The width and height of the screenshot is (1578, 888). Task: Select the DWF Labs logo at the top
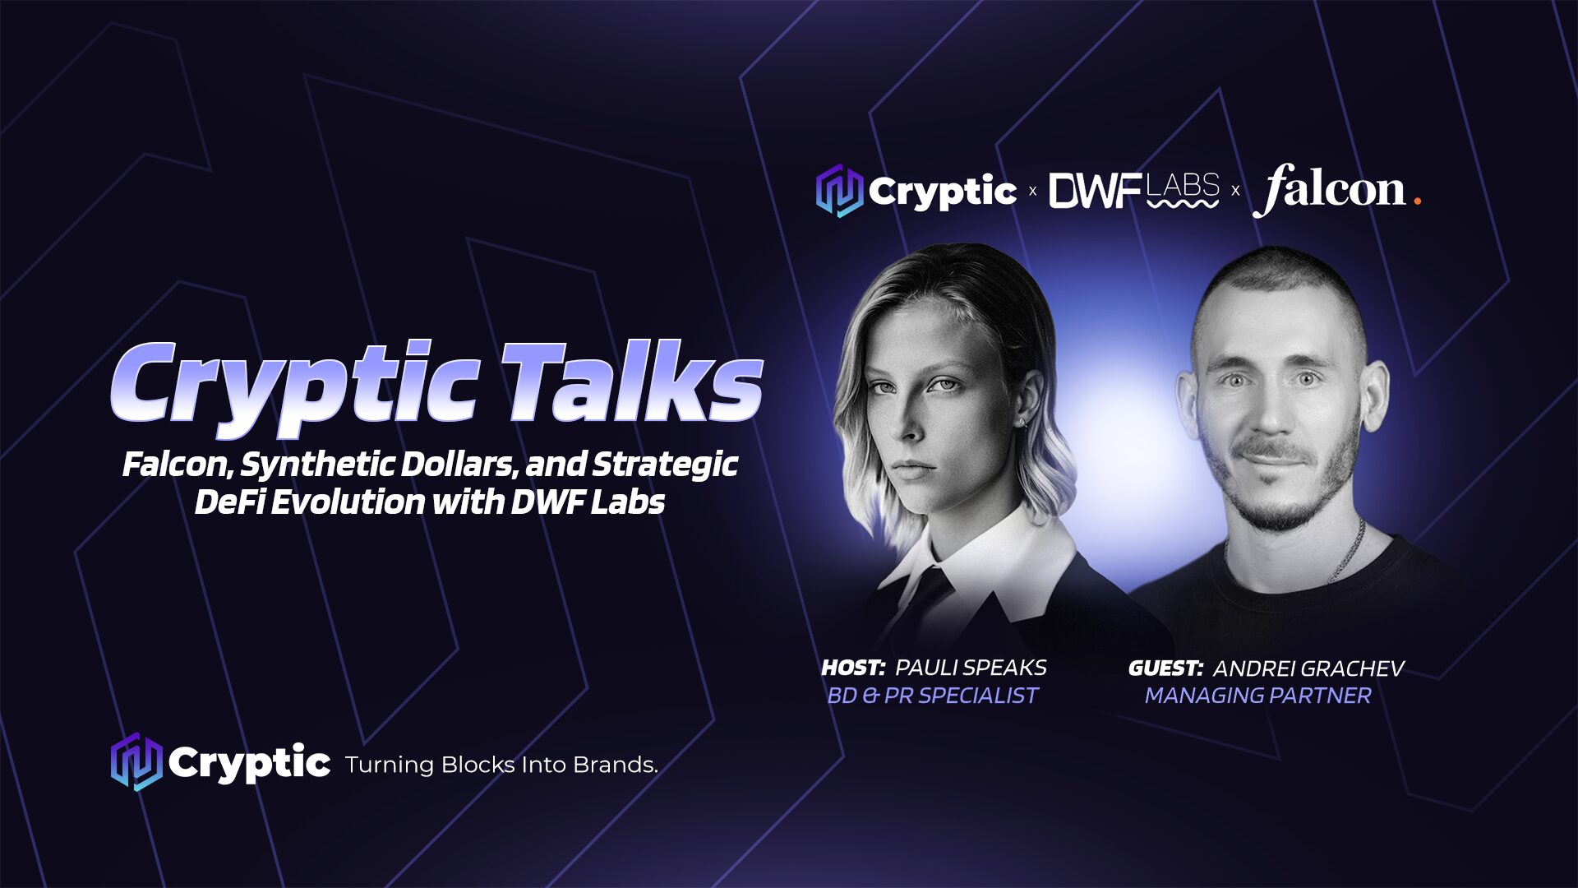[1134, 191]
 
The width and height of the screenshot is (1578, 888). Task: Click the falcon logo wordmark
[1329, 190]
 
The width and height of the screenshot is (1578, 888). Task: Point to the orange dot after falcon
[1417, 201]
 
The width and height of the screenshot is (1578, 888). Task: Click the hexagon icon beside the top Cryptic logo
[839, 190]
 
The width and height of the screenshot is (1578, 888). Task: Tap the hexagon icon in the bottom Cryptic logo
[136, 762]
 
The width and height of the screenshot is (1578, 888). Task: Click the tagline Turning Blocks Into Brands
[501, 765]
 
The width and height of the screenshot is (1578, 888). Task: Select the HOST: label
[853, 668]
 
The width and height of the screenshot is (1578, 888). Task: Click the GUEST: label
[1165, 668]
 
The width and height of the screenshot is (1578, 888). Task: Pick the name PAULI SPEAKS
[971, 668]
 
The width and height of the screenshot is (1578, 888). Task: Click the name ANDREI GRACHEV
[1308, 668]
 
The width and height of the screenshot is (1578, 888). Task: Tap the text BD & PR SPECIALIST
[933, 696]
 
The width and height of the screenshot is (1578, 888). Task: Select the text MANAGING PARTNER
[1258, 696]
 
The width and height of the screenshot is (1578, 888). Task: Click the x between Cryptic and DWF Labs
[1033, 192]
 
